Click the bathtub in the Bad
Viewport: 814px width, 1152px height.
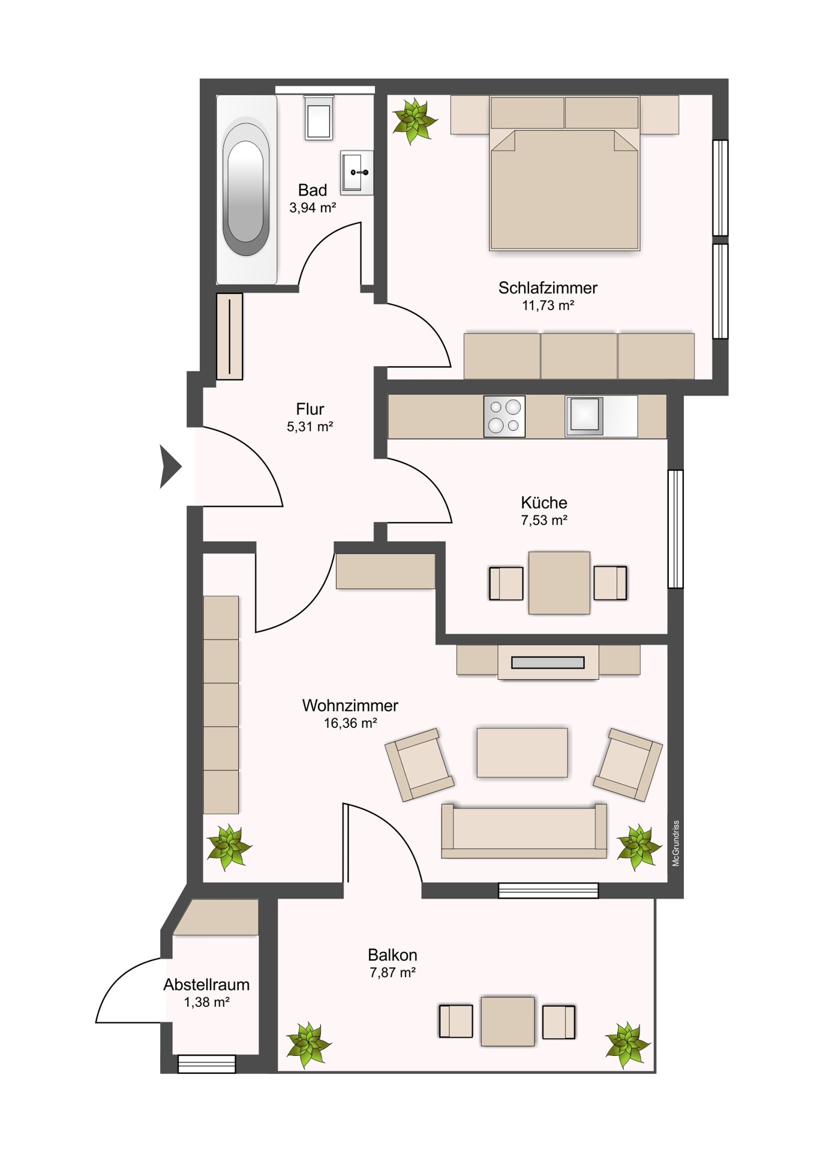(x=247, y=189)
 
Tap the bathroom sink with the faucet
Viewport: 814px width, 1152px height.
(x=357, y=173)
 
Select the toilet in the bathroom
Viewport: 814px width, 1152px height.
(x=319, y=118)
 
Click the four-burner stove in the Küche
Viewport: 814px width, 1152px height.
(x=504, y=416)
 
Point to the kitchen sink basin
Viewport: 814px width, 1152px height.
(x=585, y=415)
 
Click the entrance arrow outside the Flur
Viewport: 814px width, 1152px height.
(x=170, y=466)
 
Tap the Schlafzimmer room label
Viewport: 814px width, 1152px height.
(x=548, y=288)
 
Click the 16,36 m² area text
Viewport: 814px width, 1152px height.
(x=350, y=723)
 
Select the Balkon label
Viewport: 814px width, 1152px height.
(x=392, y=955)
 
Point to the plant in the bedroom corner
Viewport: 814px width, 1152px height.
(x=413, y=121)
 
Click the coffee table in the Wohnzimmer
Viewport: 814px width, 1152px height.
(x=522, y=752)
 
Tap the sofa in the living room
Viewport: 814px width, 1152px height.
(x=524, y=831)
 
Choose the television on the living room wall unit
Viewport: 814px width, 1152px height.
(x=548, y=662)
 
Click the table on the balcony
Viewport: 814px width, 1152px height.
(x=507, y=1021)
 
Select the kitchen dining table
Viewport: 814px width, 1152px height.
(x=559, y=583)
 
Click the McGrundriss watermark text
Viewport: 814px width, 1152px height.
(x=676, y=843)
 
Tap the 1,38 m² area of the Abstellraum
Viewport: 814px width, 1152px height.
(x=207, y=1002)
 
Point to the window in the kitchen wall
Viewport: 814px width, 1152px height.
(x=675, y=529)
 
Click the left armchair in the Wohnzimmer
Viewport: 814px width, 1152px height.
(x=419, y=765)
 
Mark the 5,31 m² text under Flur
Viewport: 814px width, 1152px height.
(x=310, y=427)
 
